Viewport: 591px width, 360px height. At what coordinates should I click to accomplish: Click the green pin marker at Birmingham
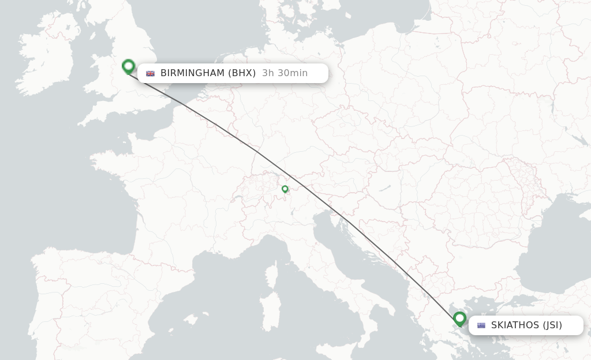click(128, 66)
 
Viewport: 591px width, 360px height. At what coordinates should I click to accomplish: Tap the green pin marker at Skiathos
click(459, 318)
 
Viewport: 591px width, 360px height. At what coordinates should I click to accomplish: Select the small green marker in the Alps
click(285, 189)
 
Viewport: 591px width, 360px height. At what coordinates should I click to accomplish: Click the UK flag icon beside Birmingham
click(151, 73)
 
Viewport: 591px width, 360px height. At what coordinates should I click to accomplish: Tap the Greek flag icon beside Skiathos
click(481, 325)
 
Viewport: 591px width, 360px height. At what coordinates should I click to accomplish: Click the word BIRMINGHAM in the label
click(192, 73)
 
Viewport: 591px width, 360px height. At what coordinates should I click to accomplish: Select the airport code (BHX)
click(242, 73)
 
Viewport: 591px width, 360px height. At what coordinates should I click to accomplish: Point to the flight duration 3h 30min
click(285, 73)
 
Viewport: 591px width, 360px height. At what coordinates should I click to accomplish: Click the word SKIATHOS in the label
click(515, 325)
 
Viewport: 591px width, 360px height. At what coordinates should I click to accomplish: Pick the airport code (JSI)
click(552, 325)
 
